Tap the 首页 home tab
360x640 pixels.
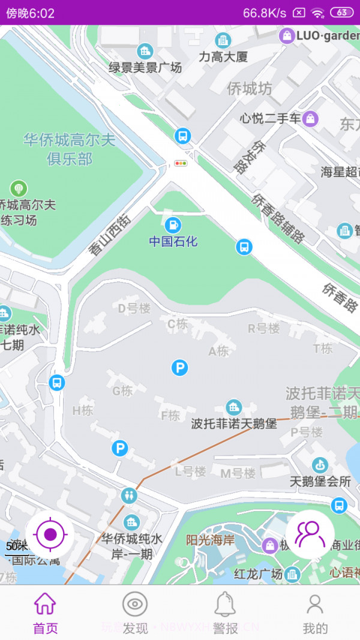point(45,612)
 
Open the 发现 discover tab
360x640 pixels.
point(135,612)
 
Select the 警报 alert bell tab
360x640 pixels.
point(226,612)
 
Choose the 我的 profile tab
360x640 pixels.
point(315,612)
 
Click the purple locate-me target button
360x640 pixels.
point(50,534)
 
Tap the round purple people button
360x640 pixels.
point(310,534)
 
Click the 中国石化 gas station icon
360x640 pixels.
point(173,226)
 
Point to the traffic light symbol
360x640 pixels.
point(181,163)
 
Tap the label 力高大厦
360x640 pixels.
point(223,58)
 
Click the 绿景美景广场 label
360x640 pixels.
point(145,68)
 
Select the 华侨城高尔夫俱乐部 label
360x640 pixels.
point(70,149)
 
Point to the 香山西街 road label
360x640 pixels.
point(110,236)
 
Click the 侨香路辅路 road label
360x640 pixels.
point(278,218)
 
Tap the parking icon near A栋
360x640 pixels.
point(179,368)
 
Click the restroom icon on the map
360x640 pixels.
point(129,495)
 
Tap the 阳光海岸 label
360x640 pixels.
point(210,540)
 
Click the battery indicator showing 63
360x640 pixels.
point(341,13)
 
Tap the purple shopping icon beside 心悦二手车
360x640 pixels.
point(310,118)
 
